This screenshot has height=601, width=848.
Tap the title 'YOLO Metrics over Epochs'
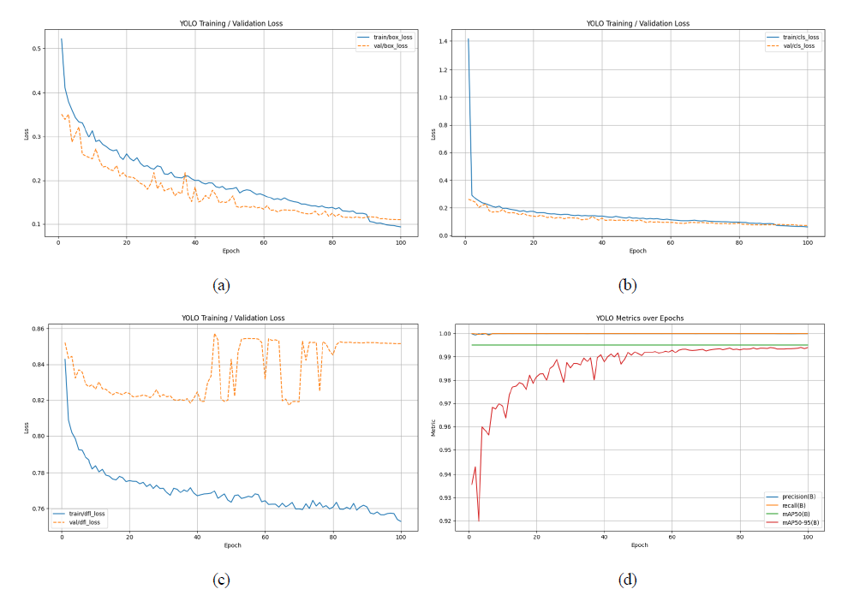[x=638, y=318]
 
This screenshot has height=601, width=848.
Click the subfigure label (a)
[x=222, y=284]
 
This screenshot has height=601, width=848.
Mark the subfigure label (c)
[x=222, y=580]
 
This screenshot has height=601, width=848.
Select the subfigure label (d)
[x=628, y=580]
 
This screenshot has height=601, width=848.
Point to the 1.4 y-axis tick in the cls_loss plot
[x=445, y=41]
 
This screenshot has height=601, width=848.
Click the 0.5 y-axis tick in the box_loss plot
[x=39, y=49]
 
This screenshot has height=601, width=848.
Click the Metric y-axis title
[x=433, y=426]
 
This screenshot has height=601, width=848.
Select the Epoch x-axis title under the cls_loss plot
[x=638, y=251]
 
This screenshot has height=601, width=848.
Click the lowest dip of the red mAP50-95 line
[x=479, y=521]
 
